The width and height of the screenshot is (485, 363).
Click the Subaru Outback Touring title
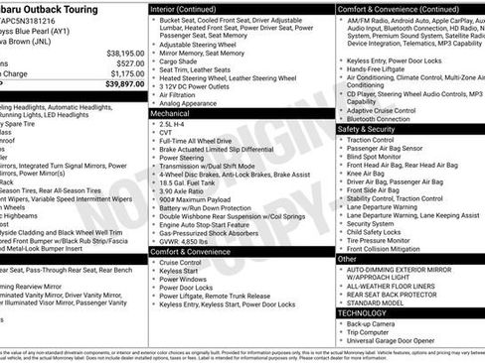pos(55,6)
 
